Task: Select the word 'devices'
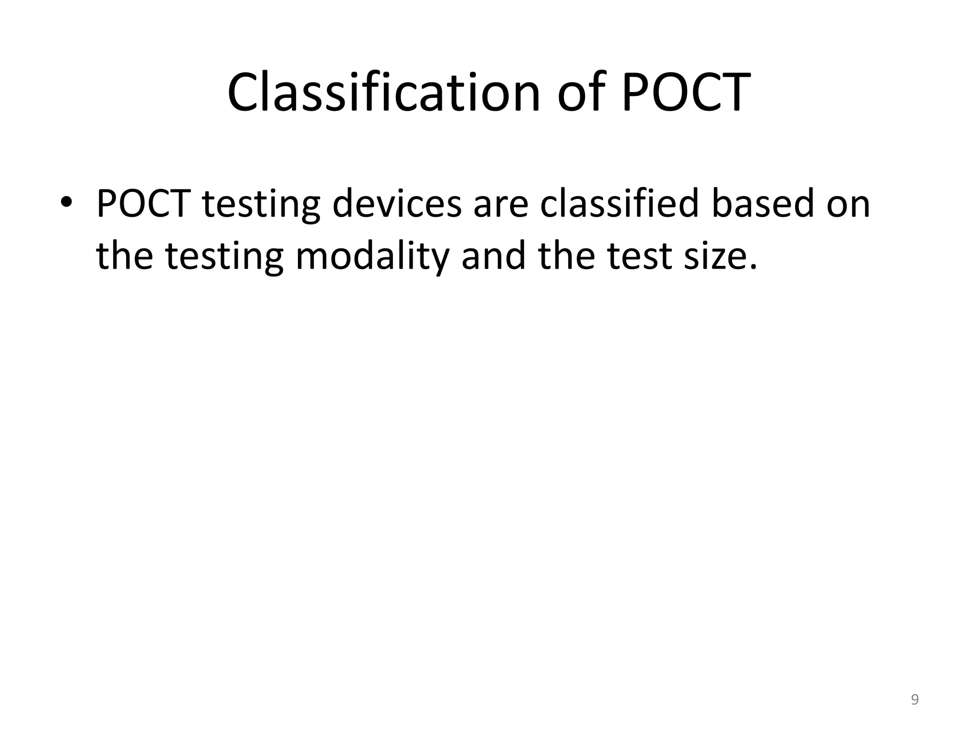(x=397, y=204)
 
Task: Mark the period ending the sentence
(x=753, y=268)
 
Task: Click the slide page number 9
(x=914, y=700)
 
